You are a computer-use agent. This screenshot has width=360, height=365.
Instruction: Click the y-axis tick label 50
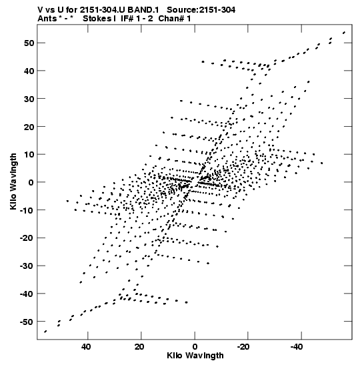click(29, 43)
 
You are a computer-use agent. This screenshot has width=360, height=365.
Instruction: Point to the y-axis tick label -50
click(26, 322)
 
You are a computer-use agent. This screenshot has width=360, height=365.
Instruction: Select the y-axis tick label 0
click(31, 182)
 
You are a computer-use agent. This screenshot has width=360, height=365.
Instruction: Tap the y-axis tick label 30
click(29, 99)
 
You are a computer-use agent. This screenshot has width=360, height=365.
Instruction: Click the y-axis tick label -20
click(26, 238)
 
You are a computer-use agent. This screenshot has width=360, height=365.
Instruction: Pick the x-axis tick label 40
click(86, 347)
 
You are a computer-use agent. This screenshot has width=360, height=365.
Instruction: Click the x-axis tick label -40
click(297, 347)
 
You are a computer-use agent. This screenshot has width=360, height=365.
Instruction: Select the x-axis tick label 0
click(195, 347)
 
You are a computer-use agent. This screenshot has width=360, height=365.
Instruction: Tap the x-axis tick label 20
click(139, 347)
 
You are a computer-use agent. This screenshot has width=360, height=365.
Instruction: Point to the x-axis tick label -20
click(243, 347)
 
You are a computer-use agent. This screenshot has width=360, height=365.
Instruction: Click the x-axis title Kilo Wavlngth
click(195, 356)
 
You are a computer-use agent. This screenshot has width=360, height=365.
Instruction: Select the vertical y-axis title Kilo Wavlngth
click(13, 181)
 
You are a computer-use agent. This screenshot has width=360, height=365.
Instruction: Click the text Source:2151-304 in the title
click(201, 10)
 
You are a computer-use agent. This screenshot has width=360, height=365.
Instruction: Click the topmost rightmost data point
click(344, 33)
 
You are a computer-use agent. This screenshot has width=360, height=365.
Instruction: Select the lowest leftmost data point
click(45, 332)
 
